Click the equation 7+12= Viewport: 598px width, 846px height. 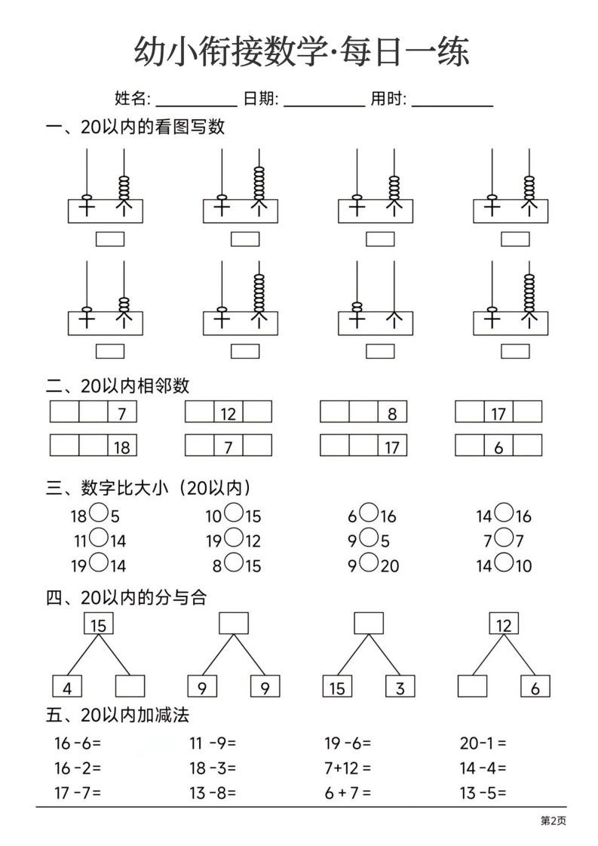[x=348, y=768]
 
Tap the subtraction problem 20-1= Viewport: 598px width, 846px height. [x=483, y=743]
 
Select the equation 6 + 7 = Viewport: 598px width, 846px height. [x=348, y=792]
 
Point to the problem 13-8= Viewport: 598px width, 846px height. [x=213, y=792]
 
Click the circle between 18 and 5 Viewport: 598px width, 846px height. [x=99, y=515]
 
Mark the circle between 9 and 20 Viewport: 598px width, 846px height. [x=369, y=562]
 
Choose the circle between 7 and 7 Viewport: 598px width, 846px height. [x=504, y=539]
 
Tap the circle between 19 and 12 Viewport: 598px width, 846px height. [x=234, y=539]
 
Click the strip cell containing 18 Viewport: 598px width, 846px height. [x=122, y=446]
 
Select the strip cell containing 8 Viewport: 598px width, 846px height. [x=392, y=412]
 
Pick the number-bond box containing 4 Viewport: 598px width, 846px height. [x=67, y=686]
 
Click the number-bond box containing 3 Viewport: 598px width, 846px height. [x=400, y=686]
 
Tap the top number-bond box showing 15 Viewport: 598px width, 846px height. [x=98, y=624]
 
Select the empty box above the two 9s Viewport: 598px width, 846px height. [x=234, y=624]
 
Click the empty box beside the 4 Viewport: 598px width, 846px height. [x=130, y=686]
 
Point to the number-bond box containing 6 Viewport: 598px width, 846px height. [x=535, y=686]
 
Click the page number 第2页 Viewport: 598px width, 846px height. [x=553, y=821]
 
